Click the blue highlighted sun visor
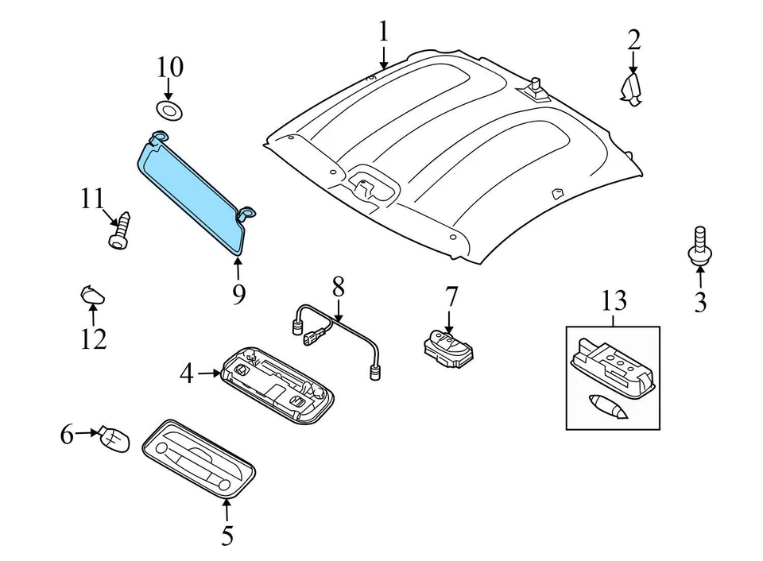point(191,191)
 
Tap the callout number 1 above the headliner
point(384,32)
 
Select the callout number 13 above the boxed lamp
point(614,301)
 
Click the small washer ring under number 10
point(168,109)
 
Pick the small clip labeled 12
point(91,296)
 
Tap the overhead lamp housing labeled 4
point(278,385)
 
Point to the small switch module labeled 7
point(447,348)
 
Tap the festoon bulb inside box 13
point(609,405)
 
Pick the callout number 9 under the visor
point(238,294)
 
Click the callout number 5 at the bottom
point(227,536)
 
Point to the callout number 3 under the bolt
point(700,302)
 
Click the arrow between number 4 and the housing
point(209,372)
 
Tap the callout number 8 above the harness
point(339,287)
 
